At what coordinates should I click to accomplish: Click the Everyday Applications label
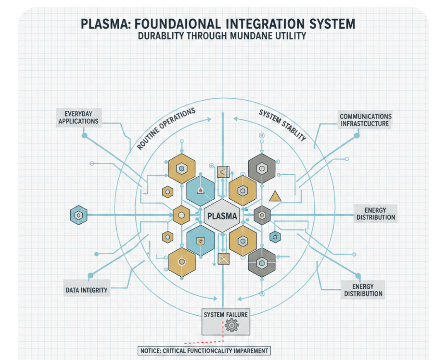[x=78, y=117]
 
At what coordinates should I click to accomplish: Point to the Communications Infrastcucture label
[x=365, y=120]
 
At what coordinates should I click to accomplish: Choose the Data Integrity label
[x=86, y=290]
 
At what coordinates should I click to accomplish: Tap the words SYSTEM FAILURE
[x=226, y=314]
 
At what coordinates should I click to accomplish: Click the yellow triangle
[x=275, y=196]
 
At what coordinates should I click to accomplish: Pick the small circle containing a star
[x=275, y=237]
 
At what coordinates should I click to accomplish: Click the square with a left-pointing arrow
[x=223, y=172]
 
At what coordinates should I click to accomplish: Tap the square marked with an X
[x=223, y=259]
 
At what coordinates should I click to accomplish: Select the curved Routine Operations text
[x=166, y=129]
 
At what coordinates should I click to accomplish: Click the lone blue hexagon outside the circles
[x=79, y=215]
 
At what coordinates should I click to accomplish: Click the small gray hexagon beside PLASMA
[x=262, y=215]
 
